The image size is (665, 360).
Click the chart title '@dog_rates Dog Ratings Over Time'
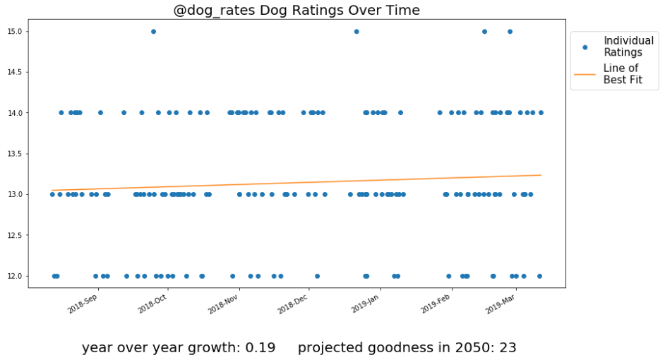click(296, 11)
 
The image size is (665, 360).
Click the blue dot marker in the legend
click(585, 47)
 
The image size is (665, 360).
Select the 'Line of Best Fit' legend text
click(623, 74)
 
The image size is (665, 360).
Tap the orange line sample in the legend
click(585, 74)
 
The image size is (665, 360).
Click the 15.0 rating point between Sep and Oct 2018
click(153, 31)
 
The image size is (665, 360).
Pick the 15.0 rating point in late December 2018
click(357, 31)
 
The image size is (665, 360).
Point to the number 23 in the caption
click(508, 347)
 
